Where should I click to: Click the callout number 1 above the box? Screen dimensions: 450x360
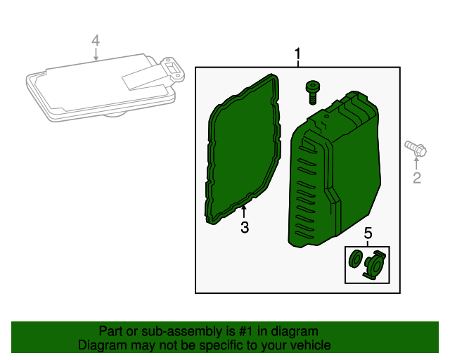[297, 53]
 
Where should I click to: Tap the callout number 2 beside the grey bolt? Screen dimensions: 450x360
[417, 178]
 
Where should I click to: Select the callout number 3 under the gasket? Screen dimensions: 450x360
[245, 227]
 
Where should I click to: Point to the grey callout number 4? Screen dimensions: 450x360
[96, 41]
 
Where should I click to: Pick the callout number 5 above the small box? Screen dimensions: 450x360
[368, 233]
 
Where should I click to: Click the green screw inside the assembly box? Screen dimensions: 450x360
[312, 92]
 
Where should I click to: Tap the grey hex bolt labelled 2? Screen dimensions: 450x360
[416, 148]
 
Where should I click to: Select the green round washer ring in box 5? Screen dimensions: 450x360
[355, 258]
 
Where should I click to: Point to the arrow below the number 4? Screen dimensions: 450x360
[96, 54]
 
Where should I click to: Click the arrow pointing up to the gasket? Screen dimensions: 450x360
[244, 212]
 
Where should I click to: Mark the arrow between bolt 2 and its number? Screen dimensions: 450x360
[416, 163]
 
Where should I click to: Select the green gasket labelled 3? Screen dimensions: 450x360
[243, 149]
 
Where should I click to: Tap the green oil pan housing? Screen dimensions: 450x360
[335, 169]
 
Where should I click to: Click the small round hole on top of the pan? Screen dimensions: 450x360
[326, 117]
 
